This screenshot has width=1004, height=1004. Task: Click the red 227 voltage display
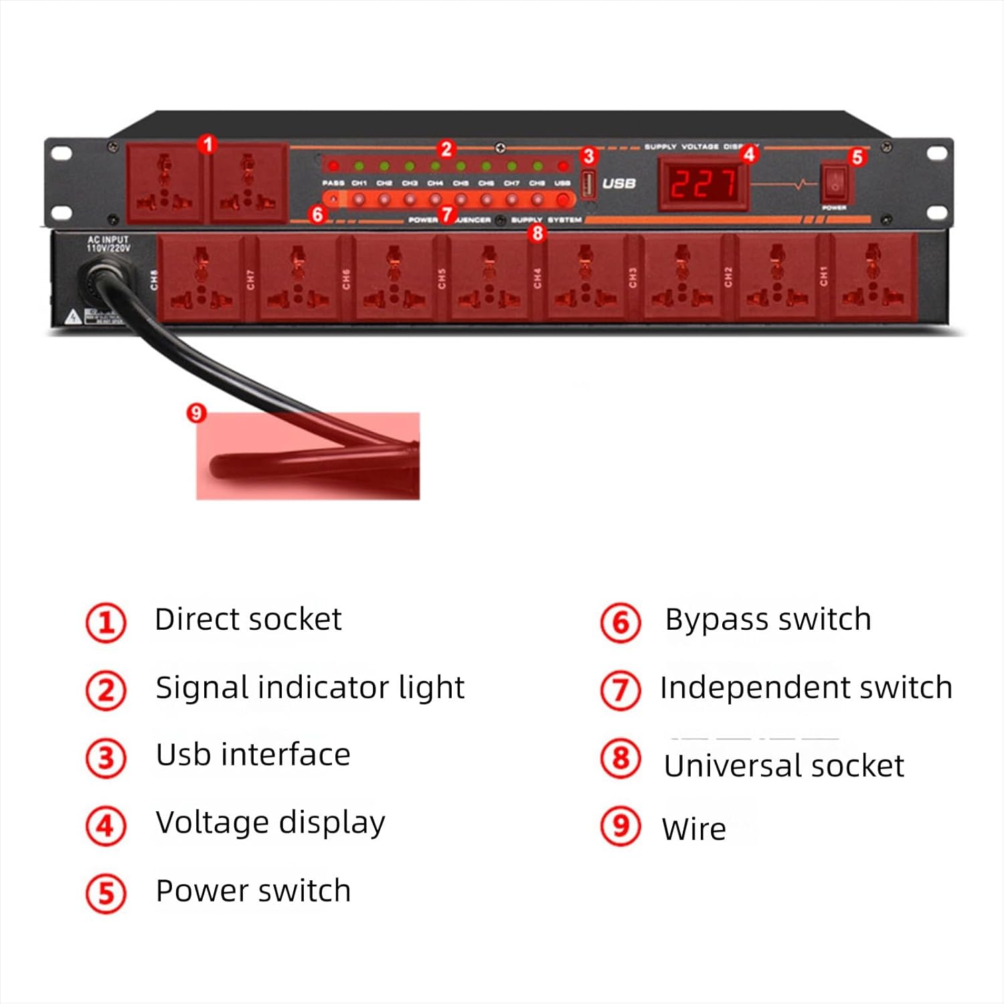[x=703, y=183]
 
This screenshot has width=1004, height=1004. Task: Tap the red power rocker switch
[x=835, y=182]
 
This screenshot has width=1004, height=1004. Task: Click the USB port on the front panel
[x=588, y=183]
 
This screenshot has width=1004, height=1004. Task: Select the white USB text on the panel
[x=618, y=183]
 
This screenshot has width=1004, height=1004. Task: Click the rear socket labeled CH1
[x=873, y=277]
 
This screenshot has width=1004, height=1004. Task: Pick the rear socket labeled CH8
[x=201, y=277]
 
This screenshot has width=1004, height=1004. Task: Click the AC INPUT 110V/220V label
[x=108, y=244]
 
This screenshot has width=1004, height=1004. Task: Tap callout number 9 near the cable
[x=195, y=413]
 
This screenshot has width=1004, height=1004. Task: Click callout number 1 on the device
[x=207, y=144]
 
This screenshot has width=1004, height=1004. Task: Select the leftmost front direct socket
[x=165, y=182]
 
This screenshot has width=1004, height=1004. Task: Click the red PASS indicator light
[x=333, y=166]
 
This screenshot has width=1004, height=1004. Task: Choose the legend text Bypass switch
[x=768, y=620]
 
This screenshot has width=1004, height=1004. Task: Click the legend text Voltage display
[x=270, y=823]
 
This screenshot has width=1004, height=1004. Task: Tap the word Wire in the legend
[x=693, y=829]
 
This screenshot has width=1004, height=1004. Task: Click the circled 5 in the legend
[x=106, y=893]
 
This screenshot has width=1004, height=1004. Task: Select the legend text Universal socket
[x=783, y=766]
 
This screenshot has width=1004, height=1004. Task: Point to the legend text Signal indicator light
[x=310, y=688]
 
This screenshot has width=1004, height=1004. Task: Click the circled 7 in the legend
[x=620, y=690]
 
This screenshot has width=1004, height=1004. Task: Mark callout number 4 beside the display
[x=749, y=154]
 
